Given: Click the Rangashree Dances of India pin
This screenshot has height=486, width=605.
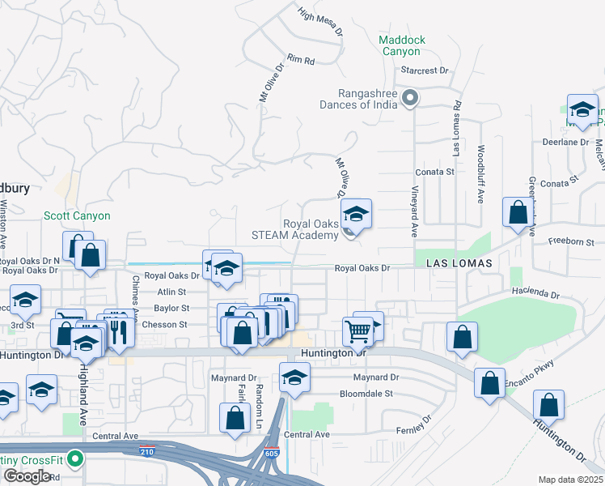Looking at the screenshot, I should (410, 99).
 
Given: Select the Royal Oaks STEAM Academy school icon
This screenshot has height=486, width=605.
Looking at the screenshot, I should (355, 215).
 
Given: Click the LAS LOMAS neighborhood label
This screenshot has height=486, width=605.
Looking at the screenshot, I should (453, 265).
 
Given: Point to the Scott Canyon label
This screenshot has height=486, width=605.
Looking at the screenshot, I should (77, 216).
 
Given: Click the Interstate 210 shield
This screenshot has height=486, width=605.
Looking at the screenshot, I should (146, 451).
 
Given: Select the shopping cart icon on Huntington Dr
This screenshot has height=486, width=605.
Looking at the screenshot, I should (357, 330).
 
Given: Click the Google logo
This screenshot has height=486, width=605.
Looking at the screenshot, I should (27, 476).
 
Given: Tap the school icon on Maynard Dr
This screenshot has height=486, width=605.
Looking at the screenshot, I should (294, 377).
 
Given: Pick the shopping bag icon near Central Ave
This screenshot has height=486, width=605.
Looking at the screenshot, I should (235, 419).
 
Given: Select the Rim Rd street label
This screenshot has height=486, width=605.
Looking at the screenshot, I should (300, 60).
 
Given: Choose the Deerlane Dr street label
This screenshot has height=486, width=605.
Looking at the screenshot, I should (566, 142).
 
